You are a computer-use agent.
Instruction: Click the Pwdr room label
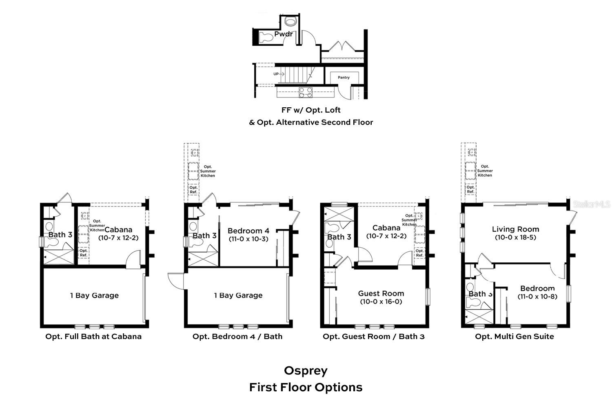click(x=283, y=34)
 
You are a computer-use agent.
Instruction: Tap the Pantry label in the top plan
click(x=344, y=78)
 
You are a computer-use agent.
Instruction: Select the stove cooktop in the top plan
click(x=306, y=93)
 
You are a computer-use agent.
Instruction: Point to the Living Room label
click(x=515, y=229)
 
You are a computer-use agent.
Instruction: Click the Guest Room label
click(x=381, y=293)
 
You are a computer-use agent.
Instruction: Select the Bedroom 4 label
click(x=248, y=231)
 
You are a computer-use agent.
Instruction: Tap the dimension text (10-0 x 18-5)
click(x=515, y=237)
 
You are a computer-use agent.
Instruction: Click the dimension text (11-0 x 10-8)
click(x=537, y=297)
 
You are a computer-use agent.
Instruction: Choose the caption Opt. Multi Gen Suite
click(x=514, y=337)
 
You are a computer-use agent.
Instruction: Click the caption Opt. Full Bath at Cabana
click(x=93, y=337)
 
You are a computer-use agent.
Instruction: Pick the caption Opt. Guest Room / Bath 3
click(x=373, y=337)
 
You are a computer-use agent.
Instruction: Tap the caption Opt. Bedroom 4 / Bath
click(x=237, y=337)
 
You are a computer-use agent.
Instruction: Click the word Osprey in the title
click(x=306, y=370)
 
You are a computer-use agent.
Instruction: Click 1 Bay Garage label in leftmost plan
click(x=94, y=295)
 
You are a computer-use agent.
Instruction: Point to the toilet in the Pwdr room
click(x=266, y=38)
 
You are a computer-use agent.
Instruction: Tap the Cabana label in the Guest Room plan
click(x=386, y=228)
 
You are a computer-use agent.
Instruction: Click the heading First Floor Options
click(x=306, y=387)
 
